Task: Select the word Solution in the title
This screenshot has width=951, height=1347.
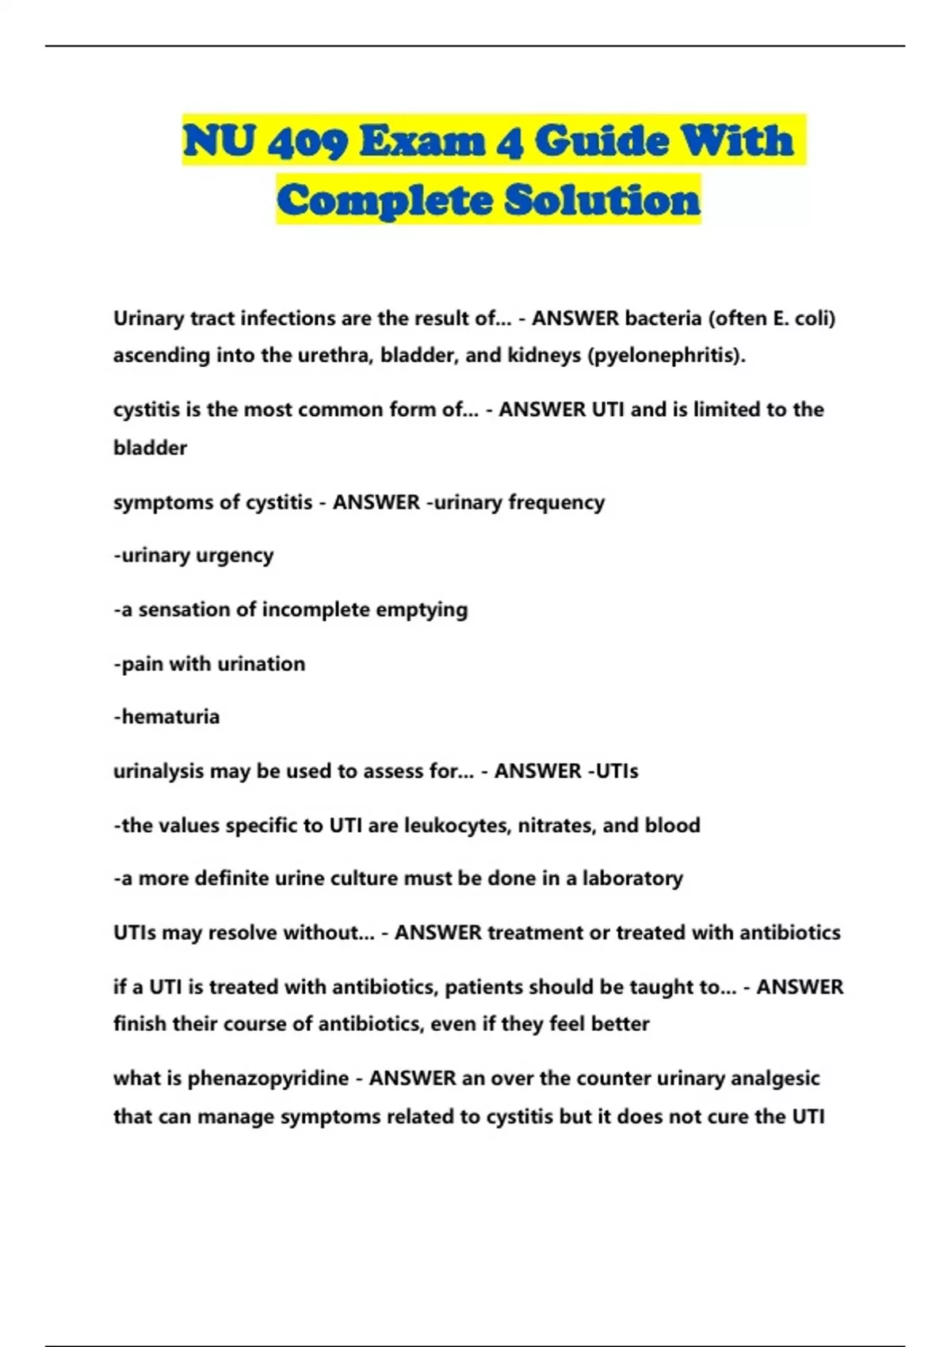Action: click(602, 200)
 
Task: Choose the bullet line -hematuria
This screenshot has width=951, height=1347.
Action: click(166, 717)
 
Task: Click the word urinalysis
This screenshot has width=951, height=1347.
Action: click(158, 771)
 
